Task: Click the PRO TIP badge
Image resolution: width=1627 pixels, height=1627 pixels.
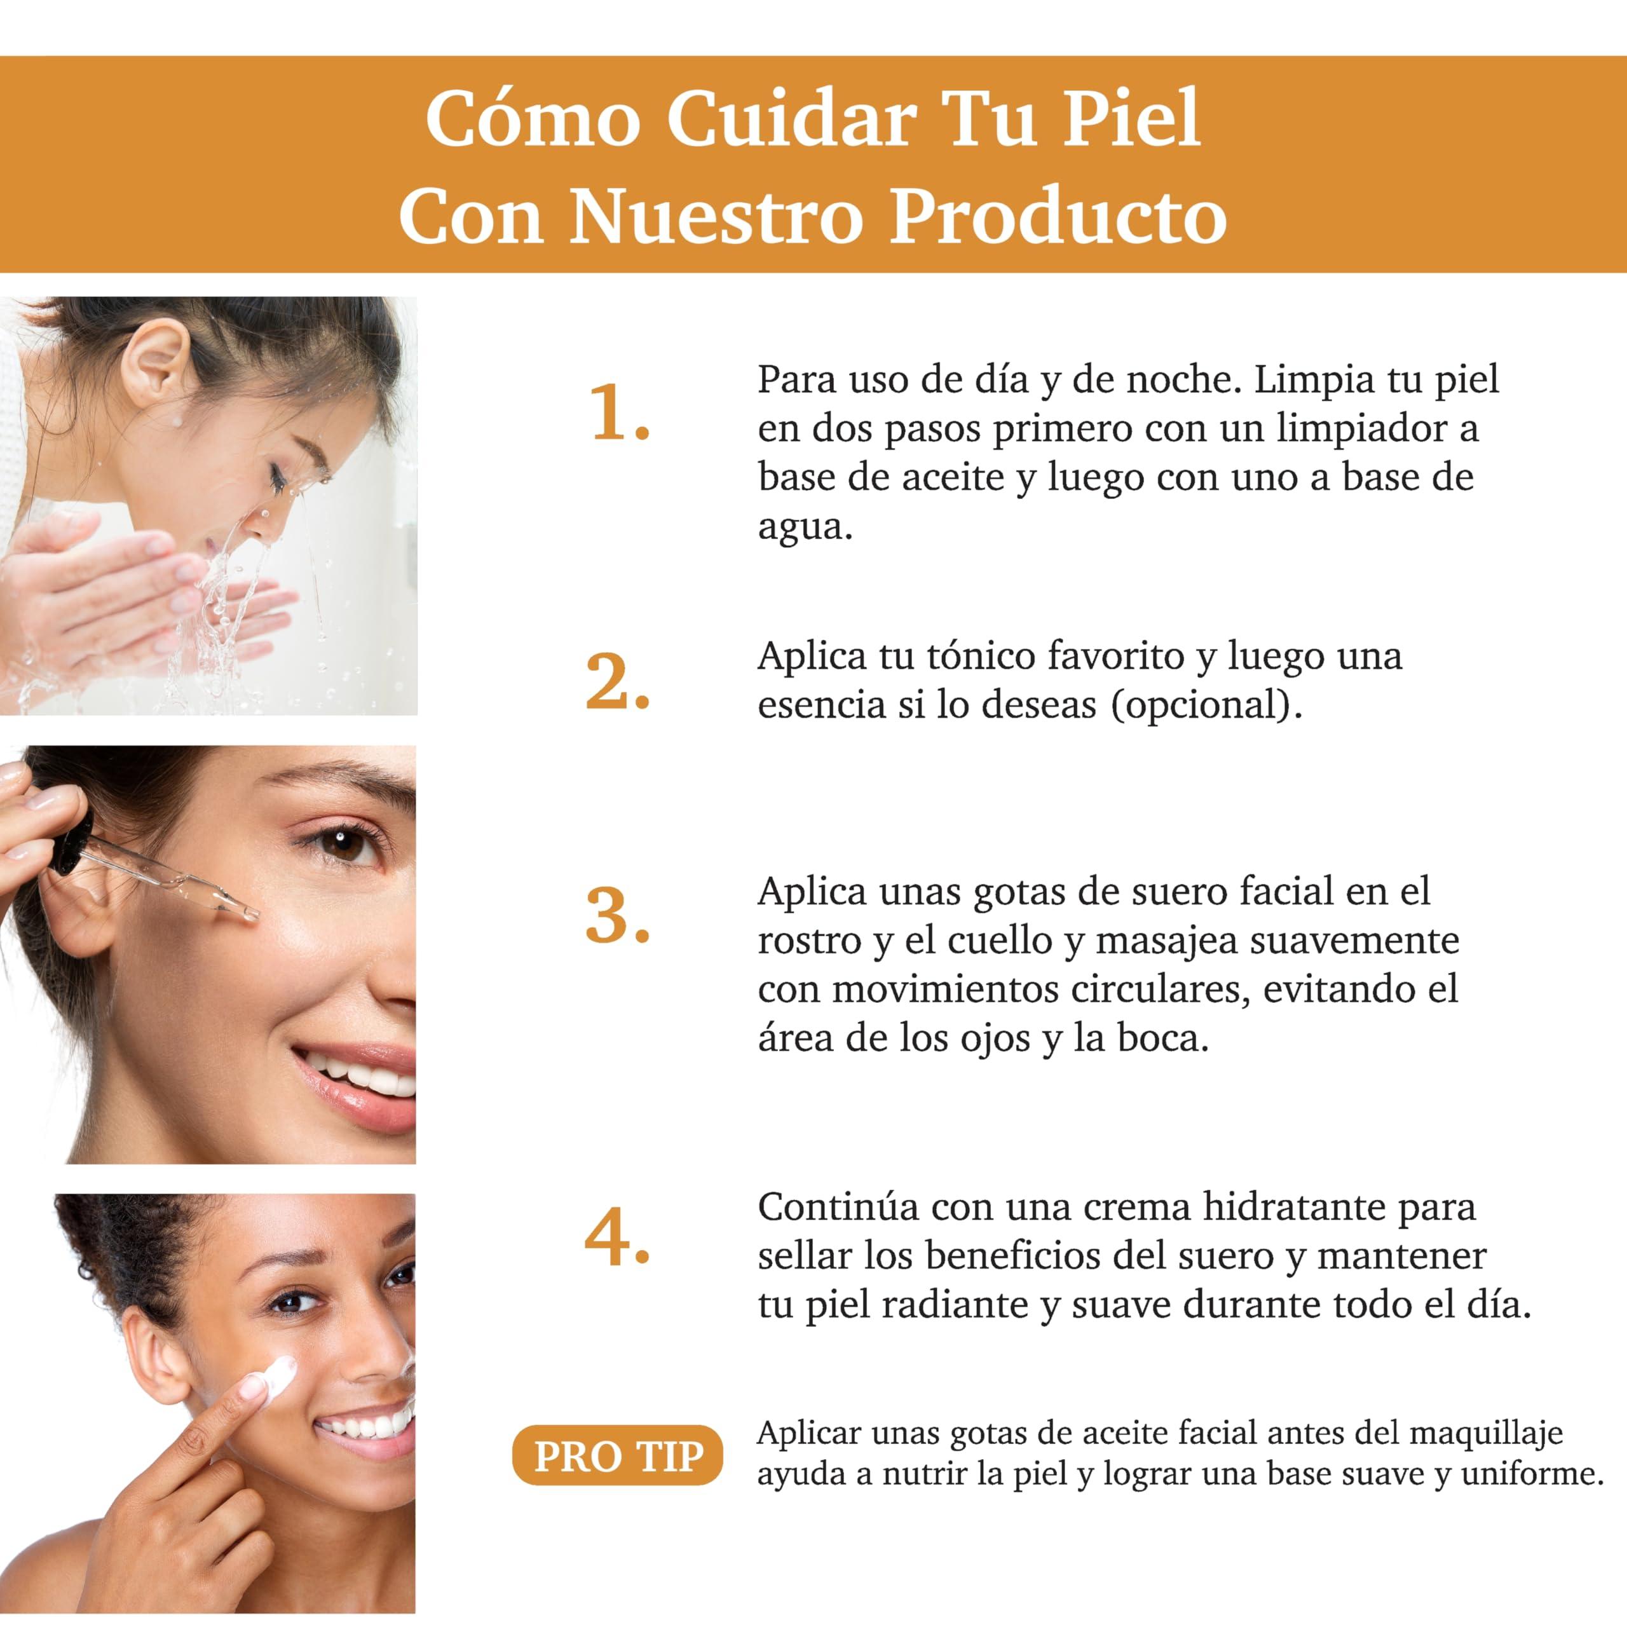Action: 617,1455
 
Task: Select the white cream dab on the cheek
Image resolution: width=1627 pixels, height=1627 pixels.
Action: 278,1378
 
